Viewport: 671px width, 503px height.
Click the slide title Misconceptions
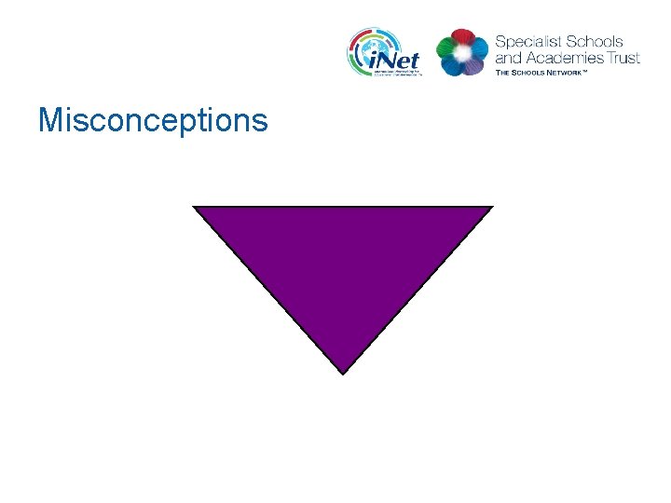pyautogui.click(x=153, y=121)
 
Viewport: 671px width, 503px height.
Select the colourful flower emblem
pyautogui.click(x=461, y=53)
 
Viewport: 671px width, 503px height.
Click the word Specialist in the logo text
pyautogui.click(x=528, y=42)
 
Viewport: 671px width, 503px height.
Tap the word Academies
pyautogui.click(x=564, y=58)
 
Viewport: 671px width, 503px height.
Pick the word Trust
pyautogui.click(x=623, y=58)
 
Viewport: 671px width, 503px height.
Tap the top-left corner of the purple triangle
pyautogui.click(x=195, y=207)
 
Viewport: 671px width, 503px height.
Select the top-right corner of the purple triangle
pyautogui.click(x=491, y=207)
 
